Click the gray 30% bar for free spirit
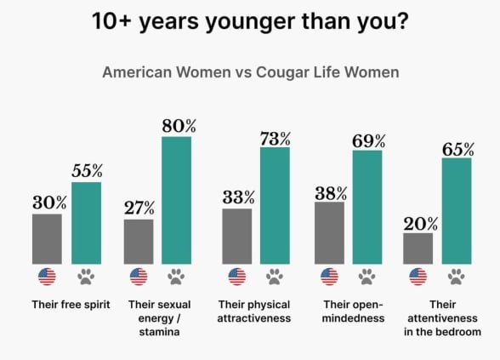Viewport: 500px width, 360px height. (47, 238)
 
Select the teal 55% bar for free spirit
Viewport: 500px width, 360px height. (86, 222)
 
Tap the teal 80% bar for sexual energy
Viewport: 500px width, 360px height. (176, 199)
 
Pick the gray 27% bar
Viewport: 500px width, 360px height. (138, 241)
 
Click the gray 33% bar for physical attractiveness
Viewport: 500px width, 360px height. (236, 236)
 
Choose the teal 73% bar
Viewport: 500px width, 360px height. (275, 204)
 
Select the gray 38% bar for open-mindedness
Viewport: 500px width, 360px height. (328, 232)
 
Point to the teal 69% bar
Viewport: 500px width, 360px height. (367, 206)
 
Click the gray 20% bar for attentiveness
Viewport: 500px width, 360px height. (418, 248)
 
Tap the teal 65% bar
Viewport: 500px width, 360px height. (456, 210)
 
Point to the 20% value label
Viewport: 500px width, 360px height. (420, 224)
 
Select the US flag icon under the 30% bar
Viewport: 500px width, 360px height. (47, 276)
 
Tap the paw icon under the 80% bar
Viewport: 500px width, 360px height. (176, 276)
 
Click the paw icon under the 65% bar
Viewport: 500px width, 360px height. (456, 276)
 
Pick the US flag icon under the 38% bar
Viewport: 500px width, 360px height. (328, 276)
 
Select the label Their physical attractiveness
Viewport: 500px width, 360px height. (255, 311)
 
